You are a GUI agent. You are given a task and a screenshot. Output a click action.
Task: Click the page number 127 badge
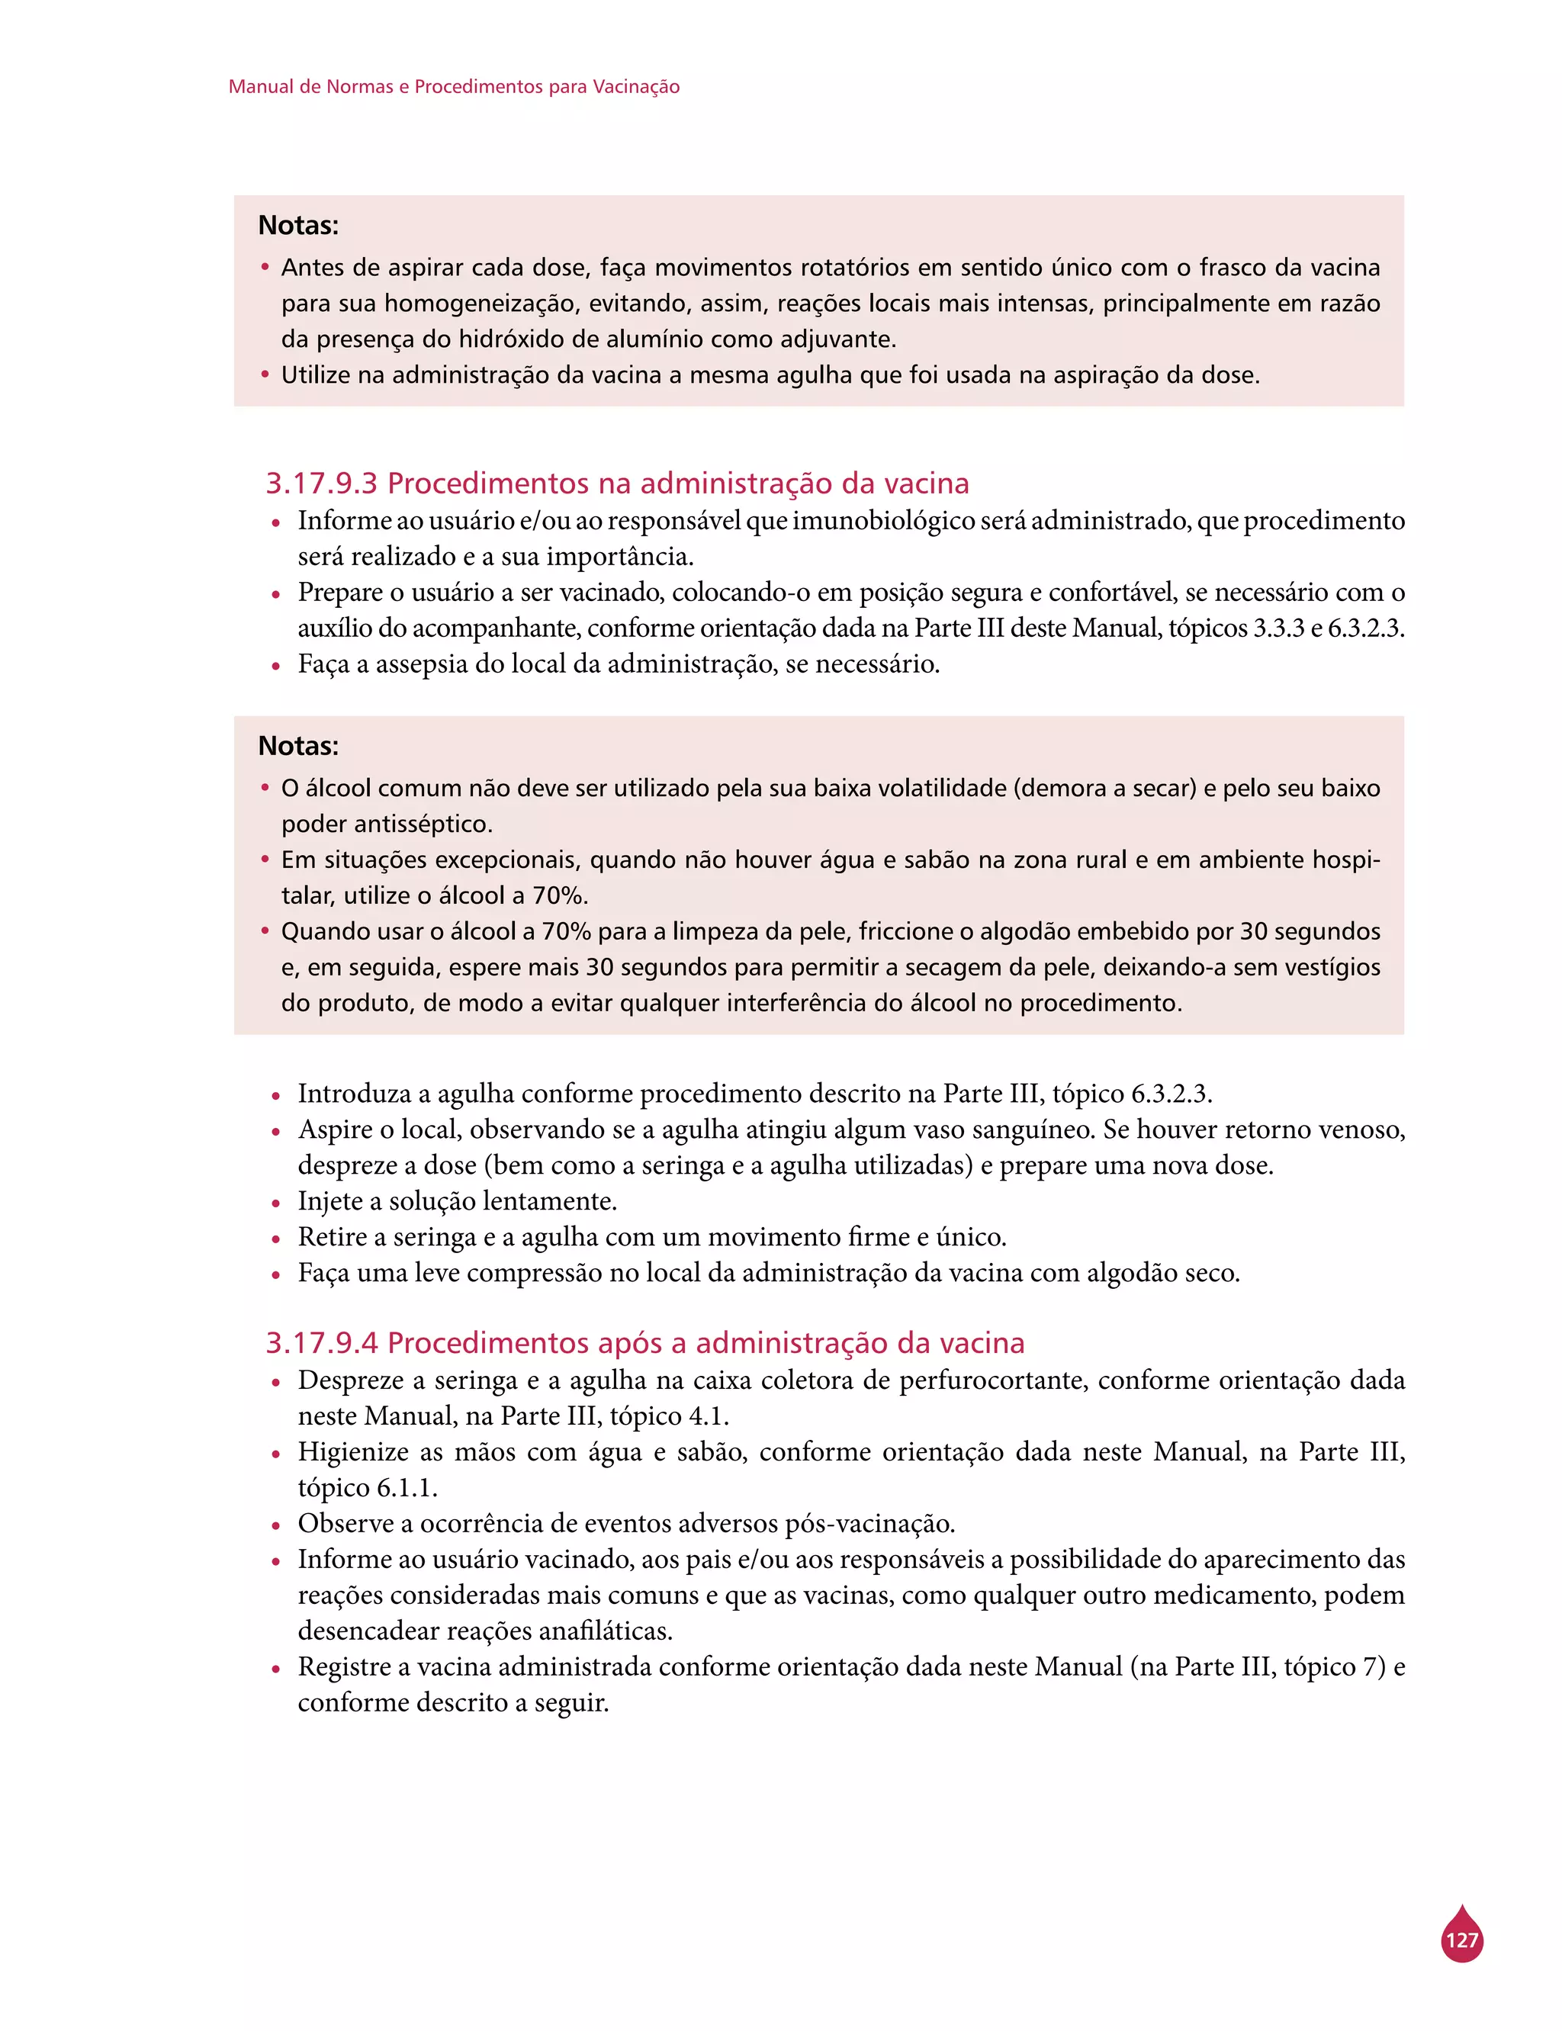pos(1461,1940)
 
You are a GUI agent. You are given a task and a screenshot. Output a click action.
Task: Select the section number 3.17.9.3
pos(322,484)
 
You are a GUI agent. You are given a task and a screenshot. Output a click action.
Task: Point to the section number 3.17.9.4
pos(322,1343)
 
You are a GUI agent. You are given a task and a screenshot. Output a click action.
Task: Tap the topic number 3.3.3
pos(1278,628)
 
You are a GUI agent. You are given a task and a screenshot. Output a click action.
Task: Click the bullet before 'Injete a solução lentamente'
pos(276,1203)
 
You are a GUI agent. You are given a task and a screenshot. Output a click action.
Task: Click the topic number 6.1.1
pos(407,1488)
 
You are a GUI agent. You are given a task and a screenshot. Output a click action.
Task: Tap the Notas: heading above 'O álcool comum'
pos(298,745)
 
